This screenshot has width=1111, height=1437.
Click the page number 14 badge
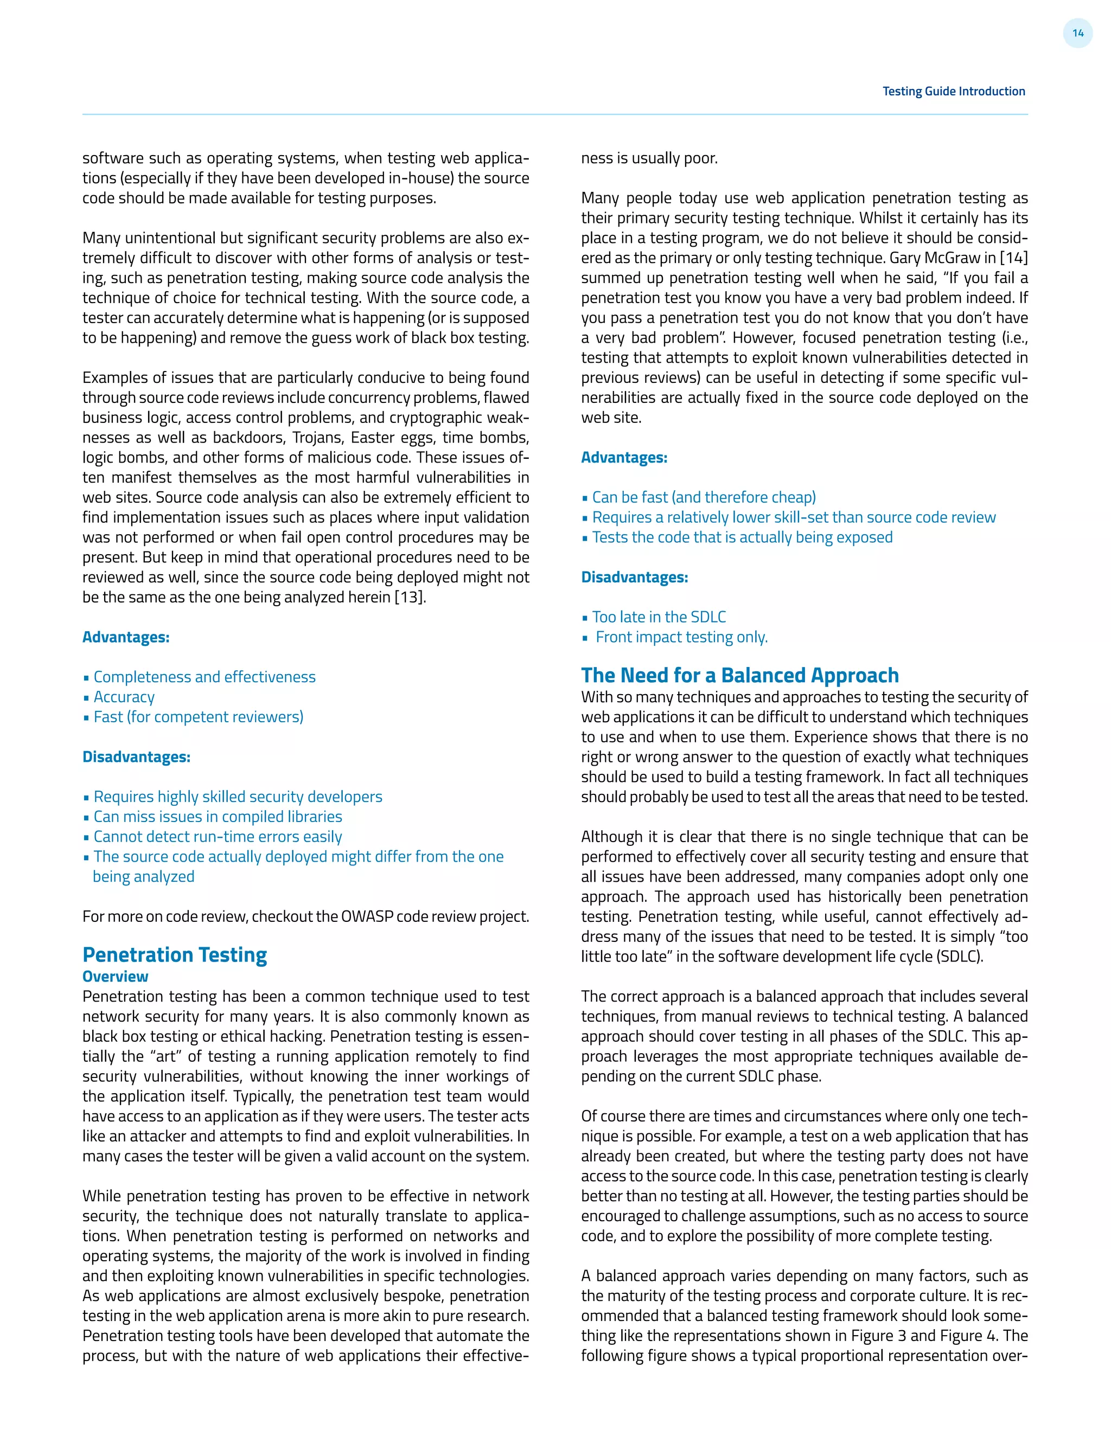click(x=1077, y=33)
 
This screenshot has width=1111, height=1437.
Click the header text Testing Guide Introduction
click(x=953, y=92)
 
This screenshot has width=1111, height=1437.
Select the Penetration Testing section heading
click(x=175, y=955)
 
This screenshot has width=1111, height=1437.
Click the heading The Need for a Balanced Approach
click(x=739, y=675)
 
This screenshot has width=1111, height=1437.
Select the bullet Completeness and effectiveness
click(x=204, y=677)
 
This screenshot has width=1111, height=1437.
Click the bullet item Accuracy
click(x=124, y=697)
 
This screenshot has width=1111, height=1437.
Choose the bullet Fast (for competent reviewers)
click(x=198, y=717)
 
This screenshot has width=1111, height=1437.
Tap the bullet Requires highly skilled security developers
click(x=238, y=797)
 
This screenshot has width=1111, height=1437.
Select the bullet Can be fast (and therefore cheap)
click(x=704, y=497)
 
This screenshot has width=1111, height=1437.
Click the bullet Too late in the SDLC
click(x=659, y=617)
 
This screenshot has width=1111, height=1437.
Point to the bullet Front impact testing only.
click(x=681, y=637)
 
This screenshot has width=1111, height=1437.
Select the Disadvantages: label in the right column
click(x=634, y=577)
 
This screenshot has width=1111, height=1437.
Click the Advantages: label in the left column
click(x=126, y=637)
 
